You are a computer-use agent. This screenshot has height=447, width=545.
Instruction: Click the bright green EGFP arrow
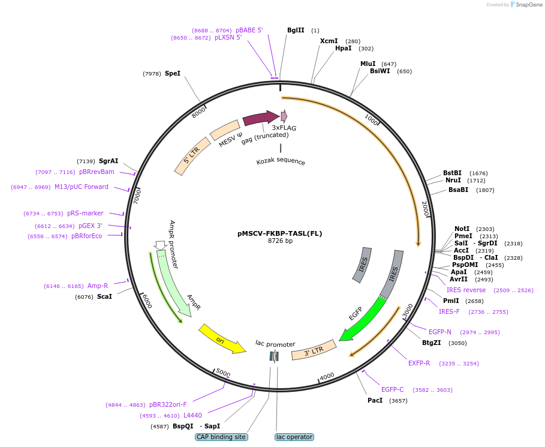(363, 317)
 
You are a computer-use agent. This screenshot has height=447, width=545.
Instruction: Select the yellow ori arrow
(222, 339)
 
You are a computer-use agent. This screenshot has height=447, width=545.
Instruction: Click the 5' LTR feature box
(192, 156)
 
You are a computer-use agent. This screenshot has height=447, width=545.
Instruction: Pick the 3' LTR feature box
(314, 350)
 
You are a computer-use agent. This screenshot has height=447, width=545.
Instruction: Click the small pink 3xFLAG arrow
(284, 116)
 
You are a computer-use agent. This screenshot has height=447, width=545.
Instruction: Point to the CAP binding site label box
(221, 437)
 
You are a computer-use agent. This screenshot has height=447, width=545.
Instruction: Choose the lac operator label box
(294, 437)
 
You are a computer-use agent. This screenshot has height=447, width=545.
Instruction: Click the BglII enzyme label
(296, 30)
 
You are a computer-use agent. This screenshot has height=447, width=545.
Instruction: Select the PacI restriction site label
(375, 400)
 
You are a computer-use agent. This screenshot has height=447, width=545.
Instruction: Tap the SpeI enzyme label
(172, 73)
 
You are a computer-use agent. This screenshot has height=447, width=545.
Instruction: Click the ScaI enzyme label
(104, 296)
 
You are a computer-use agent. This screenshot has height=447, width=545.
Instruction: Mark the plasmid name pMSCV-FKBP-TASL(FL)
(280, 233)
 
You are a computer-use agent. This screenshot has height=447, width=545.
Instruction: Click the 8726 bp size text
(280, 241)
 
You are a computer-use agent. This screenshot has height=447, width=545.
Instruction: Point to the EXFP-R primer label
(419, 363)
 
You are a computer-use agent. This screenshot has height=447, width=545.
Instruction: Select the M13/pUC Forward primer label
(82, 187)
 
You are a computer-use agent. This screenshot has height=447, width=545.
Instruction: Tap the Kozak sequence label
(281, 162)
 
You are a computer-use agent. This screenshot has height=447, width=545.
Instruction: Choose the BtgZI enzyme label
(431, 343)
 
